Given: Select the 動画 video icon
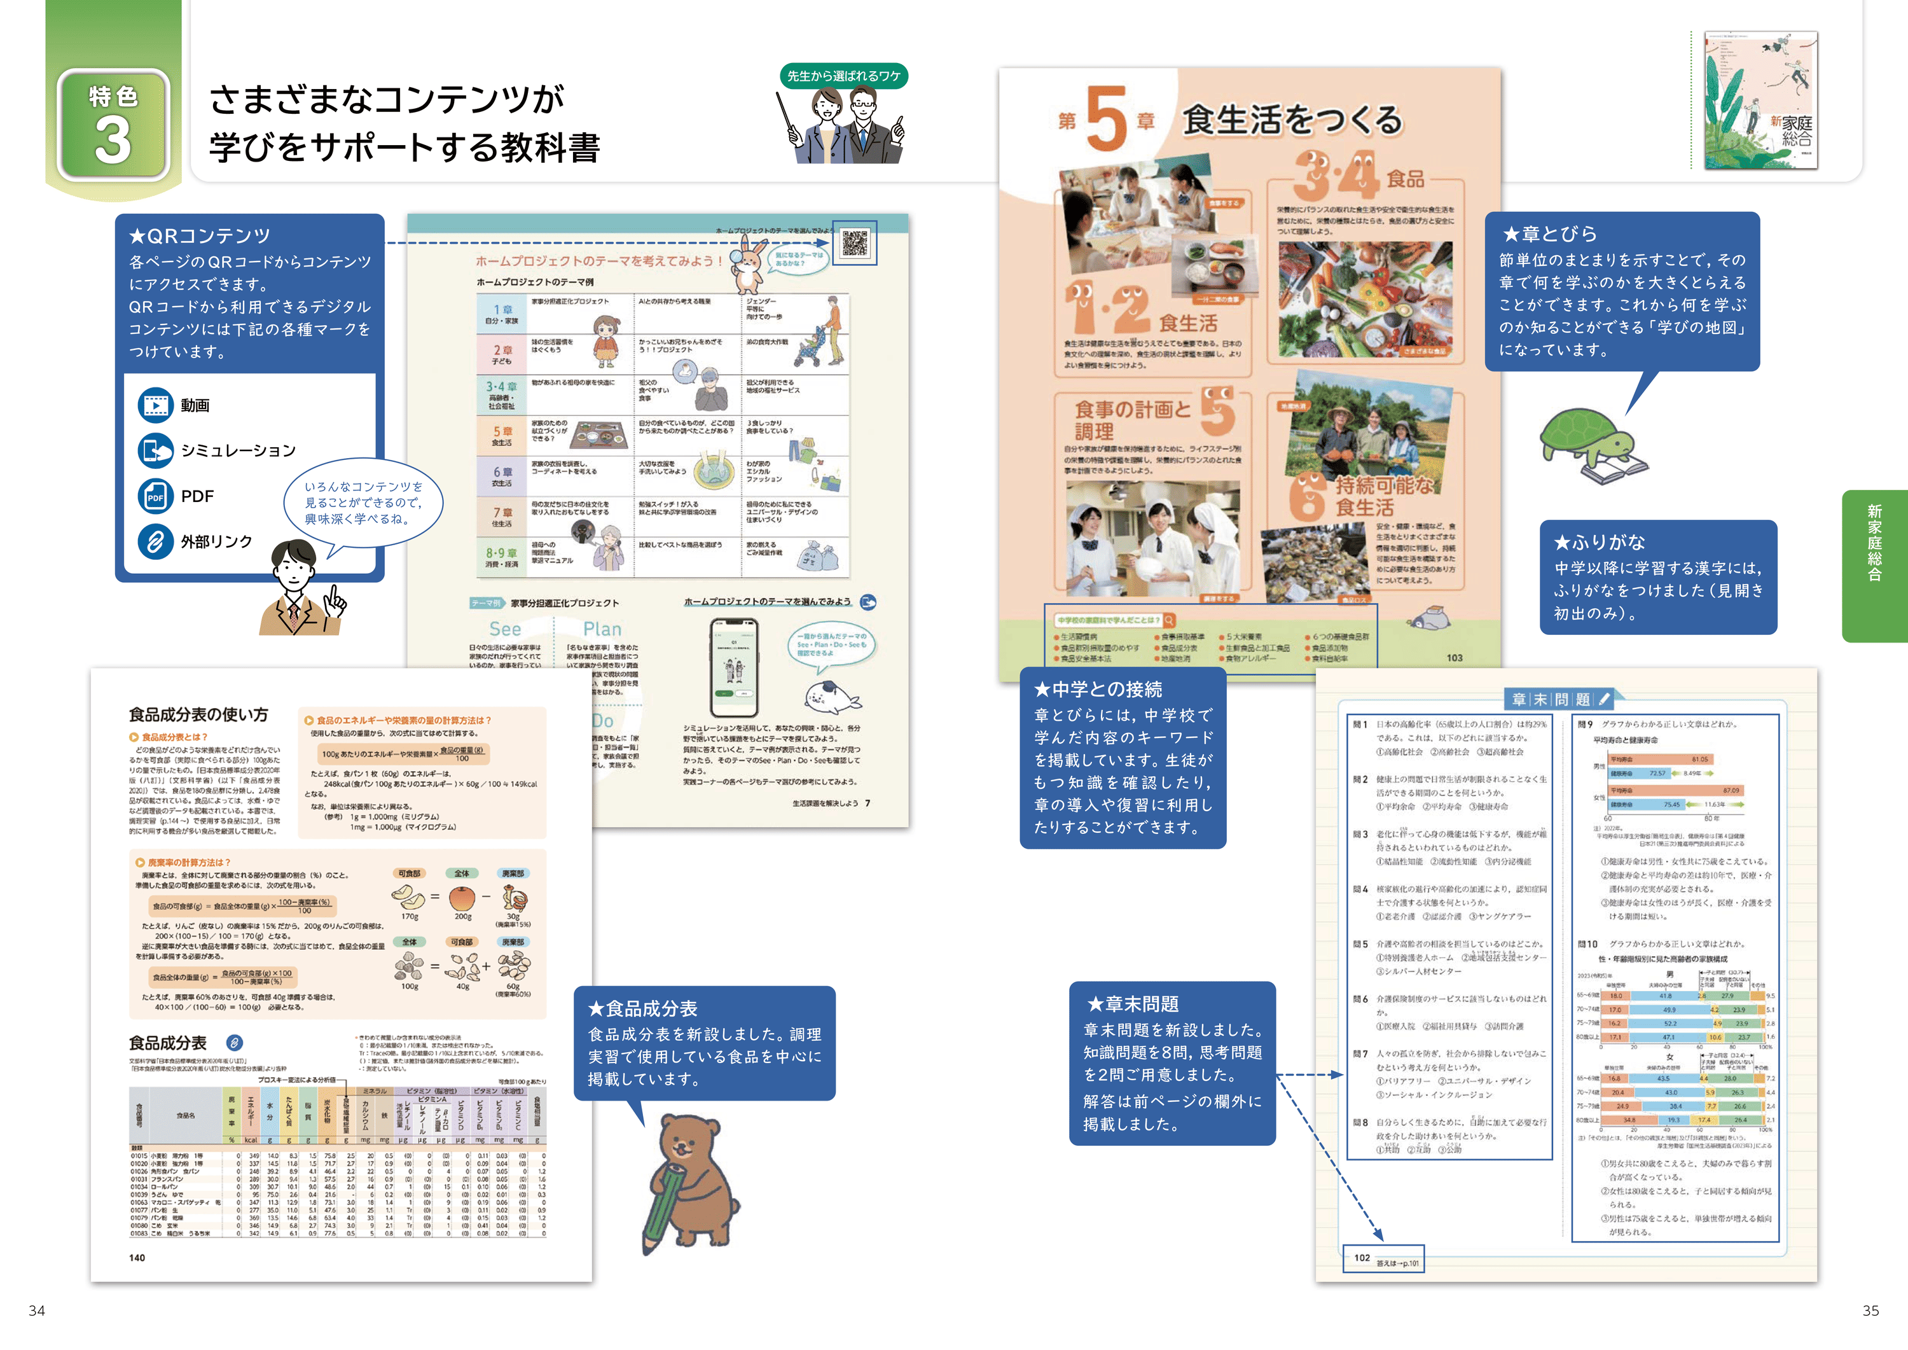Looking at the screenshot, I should point(155,405).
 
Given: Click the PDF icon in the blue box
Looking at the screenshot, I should point(155,496).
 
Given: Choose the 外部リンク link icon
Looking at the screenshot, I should point(155,541).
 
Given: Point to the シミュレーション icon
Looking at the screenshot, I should point(155,450).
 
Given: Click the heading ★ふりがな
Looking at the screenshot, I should point(1600,543).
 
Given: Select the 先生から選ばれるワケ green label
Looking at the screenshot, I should point(843,76).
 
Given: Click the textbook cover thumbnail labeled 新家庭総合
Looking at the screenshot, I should point(1760,100).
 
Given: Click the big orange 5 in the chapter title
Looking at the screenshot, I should point(1106,120).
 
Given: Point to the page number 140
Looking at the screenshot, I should point(137,1258).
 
